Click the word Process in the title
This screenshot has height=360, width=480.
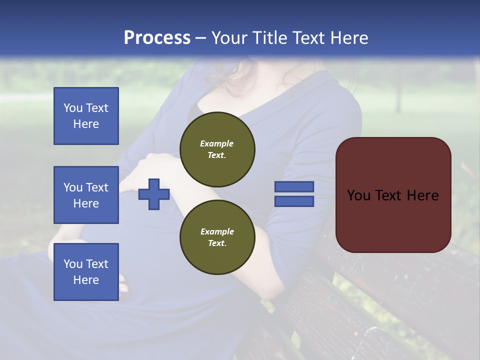pyautogui.click(x=157, y=38)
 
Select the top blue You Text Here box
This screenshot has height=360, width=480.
pyautogui.click(x=86, y=116)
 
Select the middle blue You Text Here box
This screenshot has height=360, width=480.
pyautogui.click(x=86, y=195)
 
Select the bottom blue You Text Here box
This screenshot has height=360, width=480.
pyautogui.click(x=86, y=271)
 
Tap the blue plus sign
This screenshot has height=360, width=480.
pyautogui.click(x=154, y=194)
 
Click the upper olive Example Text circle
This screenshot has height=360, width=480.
pyautogui.click(x=217, y=149)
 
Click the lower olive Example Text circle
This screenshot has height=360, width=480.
pyautogui.click(x=217, y=237)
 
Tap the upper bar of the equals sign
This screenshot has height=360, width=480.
pyautogui.click(x=294, y=186)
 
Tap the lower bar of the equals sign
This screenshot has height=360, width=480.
pyautogui.click(x=294, y=201)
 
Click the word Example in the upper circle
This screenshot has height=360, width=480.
pyautogui.click(x=217, y=143)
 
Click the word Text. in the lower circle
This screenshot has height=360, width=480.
pyautogui.click(x=217, y=243)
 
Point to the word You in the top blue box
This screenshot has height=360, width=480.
pyautogui.click(x=72, y=108)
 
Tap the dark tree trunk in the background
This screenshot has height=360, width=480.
pyautogui.click(x=398, y=95)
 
